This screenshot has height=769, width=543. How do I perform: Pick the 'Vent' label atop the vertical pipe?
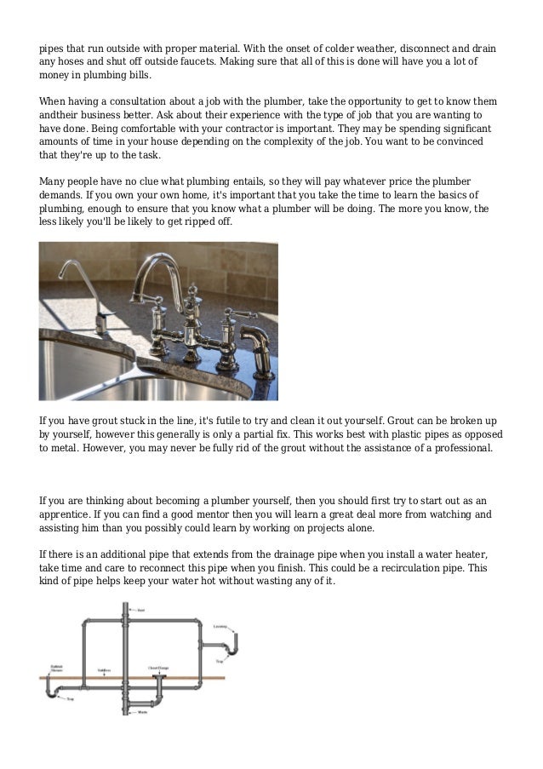click(x=141, y=610)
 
